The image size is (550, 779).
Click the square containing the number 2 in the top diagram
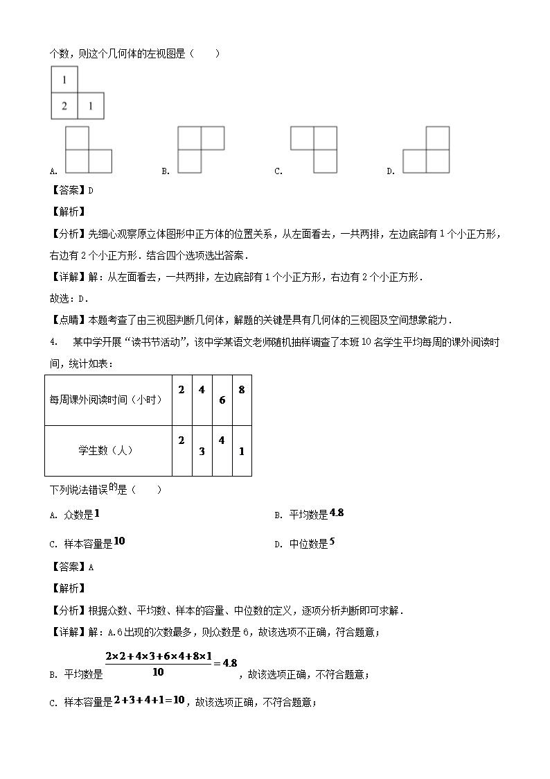click(x=64, y=106)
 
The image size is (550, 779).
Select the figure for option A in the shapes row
click(x=89, y=151)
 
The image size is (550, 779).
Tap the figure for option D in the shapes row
click(x=426, y=151)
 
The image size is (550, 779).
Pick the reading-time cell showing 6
click(x=222, y=400)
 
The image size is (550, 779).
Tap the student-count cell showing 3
click(x=202, y=451)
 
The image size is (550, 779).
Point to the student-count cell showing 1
click(x=241, y=451)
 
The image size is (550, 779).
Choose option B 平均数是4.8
click(x=309, y=514)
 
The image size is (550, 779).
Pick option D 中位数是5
click(x=305, y=544)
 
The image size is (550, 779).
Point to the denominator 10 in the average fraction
click(x=159, y=671)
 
